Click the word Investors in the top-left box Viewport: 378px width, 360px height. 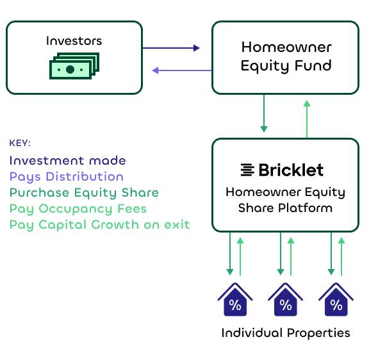point(74,41)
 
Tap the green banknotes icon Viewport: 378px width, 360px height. point(74,66)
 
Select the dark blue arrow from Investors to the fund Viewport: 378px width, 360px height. point(171,48)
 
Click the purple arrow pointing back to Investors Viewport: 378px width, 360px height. point(182,70)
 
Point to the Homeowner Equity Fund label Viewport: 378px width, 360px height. point(286,56)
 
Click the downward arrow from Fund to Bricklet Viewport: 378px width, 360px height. point(264,113)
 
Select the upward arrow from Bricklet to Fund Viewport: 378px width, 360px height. point(307,119)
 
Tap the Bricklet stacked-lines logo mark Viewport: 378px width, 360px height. point(247,170)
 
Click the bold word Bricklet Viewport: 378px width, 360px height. point(291,170)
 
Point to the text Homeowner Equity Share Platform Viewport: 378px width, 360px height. point(286,200)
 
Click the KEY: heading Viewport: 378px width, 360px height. point(20,143)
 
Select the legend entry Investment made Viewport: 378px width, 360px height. point(67,161)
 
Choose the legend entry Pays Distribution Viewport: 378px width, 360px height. point(67,177)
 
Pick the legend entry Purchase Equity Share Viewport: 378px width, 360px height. point(84,193)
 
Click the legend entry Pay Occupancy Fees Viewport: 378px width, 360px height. point(78,209)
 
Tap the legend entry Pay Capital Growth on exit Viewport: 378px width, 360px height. point(100,225)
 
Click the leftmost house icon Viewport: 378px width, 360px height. point(235,300)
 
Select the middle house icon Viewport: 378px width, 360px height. point(286,300)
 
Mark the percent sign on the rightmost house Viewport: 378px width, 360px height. point(336,305)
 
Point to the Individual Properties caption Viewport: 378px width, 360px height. point(286,333)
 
